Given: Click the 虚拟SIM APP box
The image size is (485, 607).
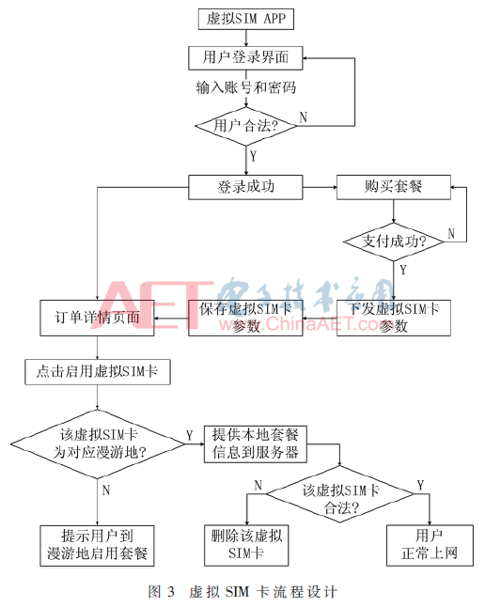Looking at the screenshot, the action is pyautogui.click(x=246, y=19).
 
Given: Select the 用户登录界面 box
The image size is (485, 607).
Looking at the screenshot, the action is pyautogui.click(x=245, y=58).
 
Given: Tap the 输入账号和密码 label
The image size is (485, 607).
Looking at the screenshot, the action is pyautogui.click(x=246, y=87).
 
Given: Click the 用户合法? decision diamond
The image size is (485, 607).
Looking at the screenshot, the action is pyautogui.click(x=246, y=126).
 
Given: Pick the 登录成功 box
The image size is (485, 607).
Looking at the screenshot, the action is pyautogui.click(x=245, y=187).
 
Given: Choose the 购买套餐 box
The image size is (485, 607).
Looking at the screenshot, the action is pyautogui.click(x=394, y=187).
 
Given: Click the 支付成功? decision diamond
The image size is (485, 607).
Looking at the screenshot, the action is pyautogui.click(x=394, y=241).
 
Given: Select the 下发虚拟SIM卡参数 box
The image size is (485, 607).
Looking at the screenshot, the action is pyautogui.click(x=394, y=318).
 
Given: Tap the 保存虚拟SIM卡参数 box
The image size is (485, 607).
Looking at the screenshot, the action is pyautogui.click(x=245, y=318).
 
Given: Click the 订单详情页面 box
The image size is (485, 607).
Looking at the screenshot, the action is pyautogui.click(x=97, y=318).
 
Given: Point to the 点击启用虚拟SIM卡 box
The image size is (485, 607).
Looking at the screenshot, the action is pyautogui.click(x=98, y=372).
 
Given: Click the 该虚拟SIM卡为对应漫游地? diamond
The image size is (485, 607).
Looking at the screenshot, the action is pyautogui.click(x=98, y=444).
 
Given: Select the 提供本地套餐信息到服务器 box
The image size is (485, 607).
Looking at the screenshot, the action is pyautogui.click(x=256, y=444).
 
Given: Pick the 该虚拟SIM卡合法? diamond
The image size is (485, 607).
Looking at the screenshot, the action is pyautogui.click(x=340, y=494).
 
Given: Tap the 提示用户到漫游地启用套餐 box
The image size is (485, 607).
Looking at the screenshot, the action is pyautogui.click(x=97, y=546).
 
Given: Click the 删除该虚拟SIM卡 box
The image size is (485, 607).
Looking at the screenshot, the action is pyautogui.click(x=246, y=545).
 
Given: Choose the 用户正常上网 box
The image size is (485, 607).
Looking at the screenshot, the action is pyautogui.click(x=430, y=545).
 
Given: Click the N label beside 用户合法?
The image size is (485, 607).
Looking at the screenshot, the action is pyautogui.click(x=304, y=117).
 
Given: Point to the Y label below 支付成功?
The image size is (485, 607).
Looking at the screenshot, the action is pyautogui.click(x=403, y=270).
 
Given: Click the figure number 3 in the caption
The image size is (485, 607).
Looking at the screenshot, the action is pyautogui.click(x=171, y=592).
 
